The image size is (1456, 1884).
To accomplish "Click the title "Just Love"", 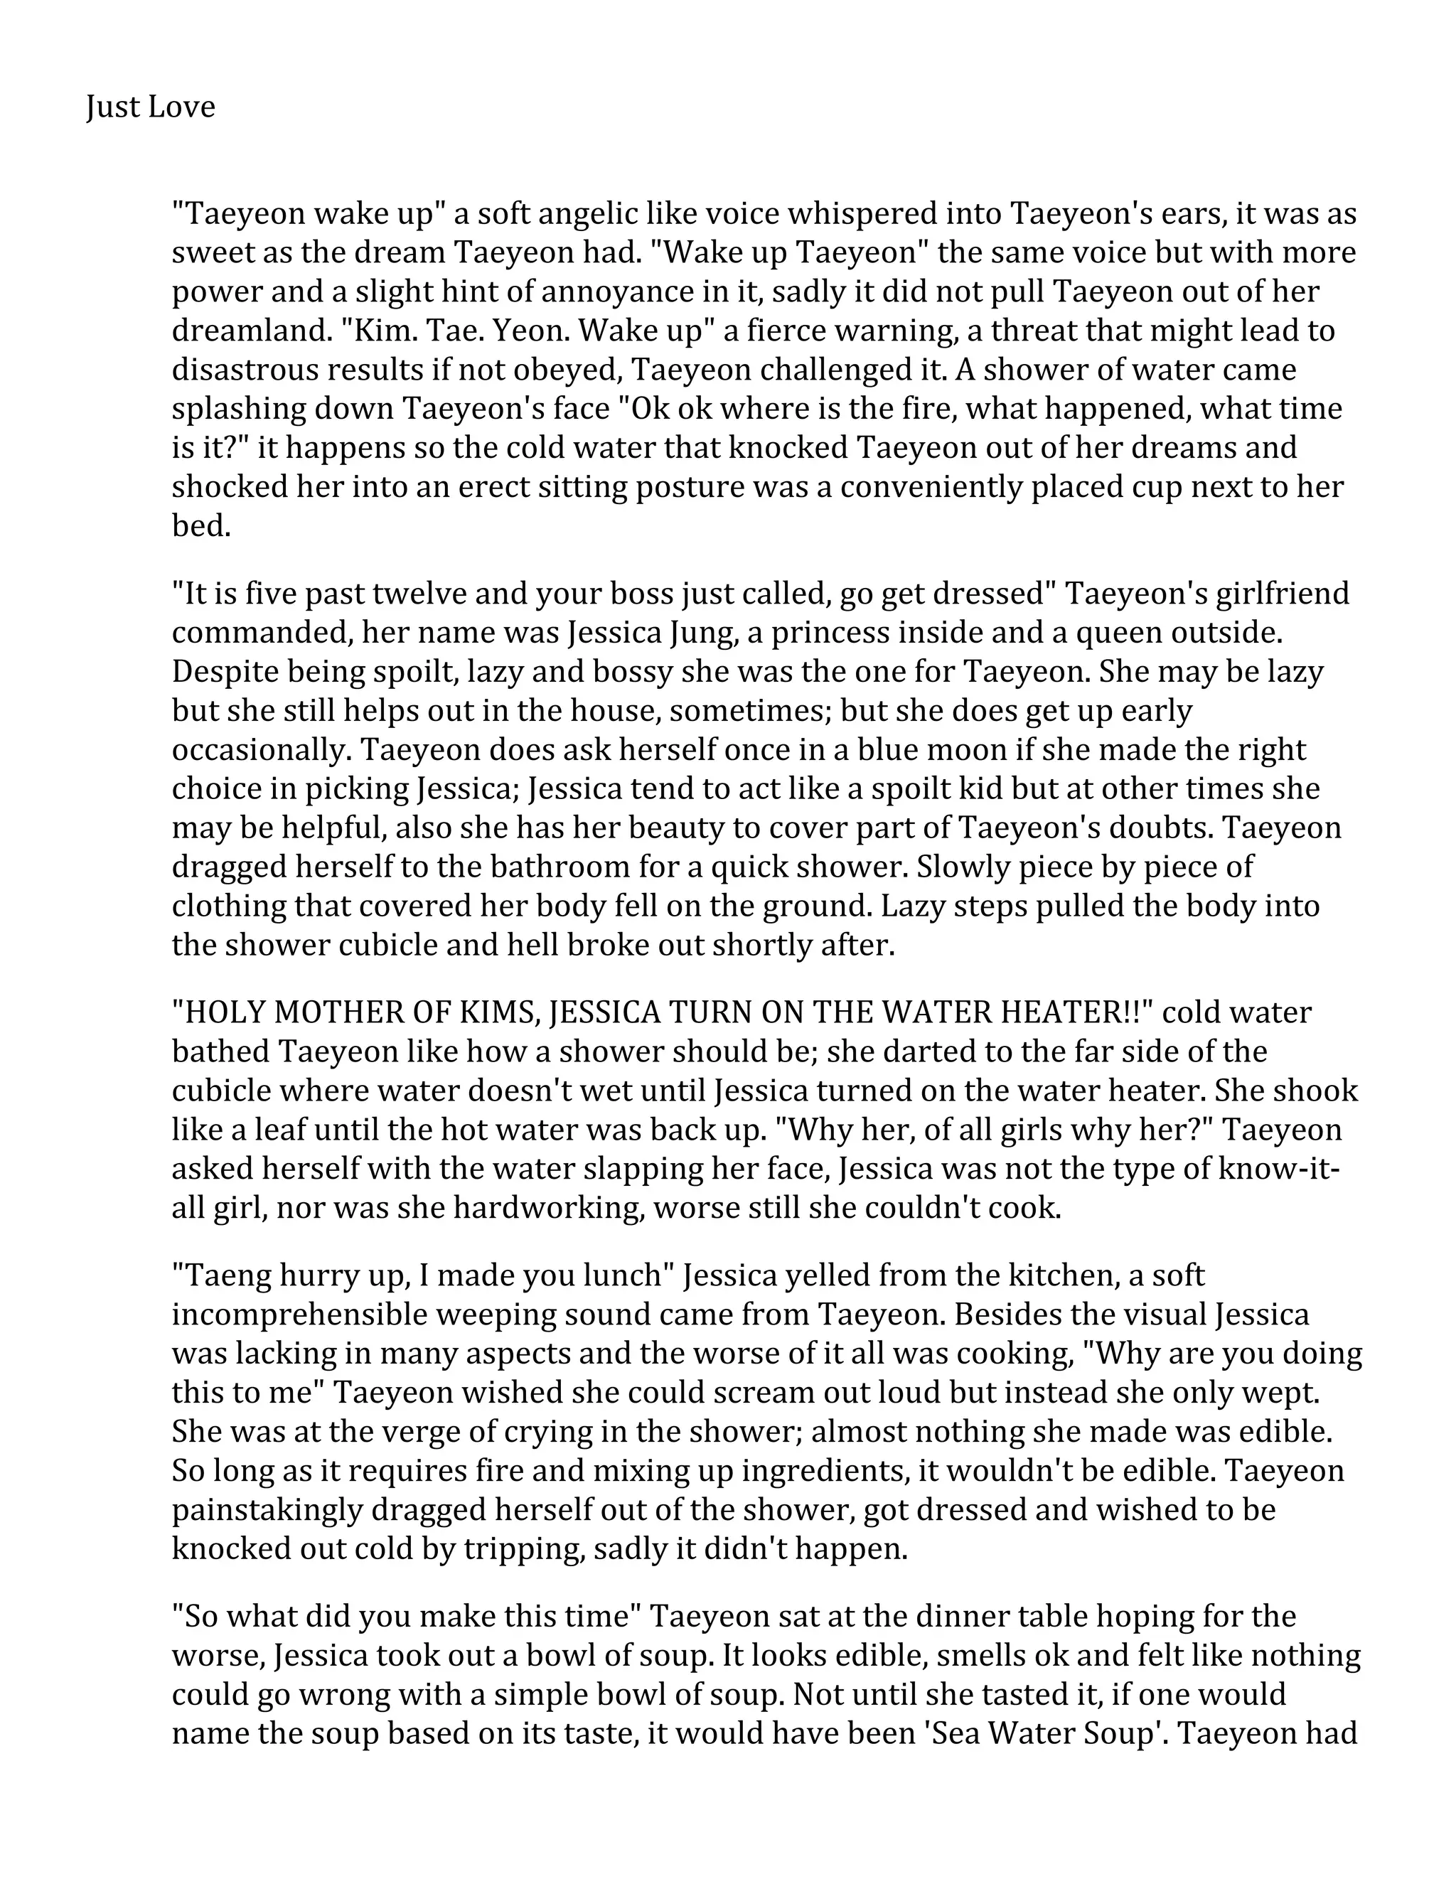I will click(x=150, y=107).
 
